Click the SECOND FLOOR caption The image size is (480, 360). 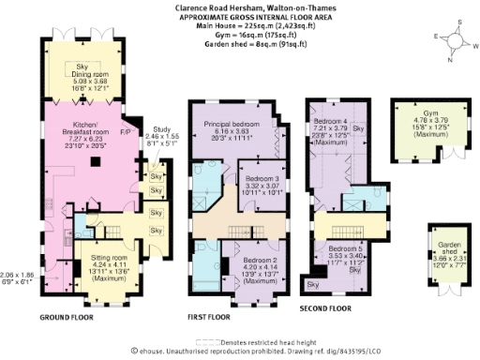coord(324,307)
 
